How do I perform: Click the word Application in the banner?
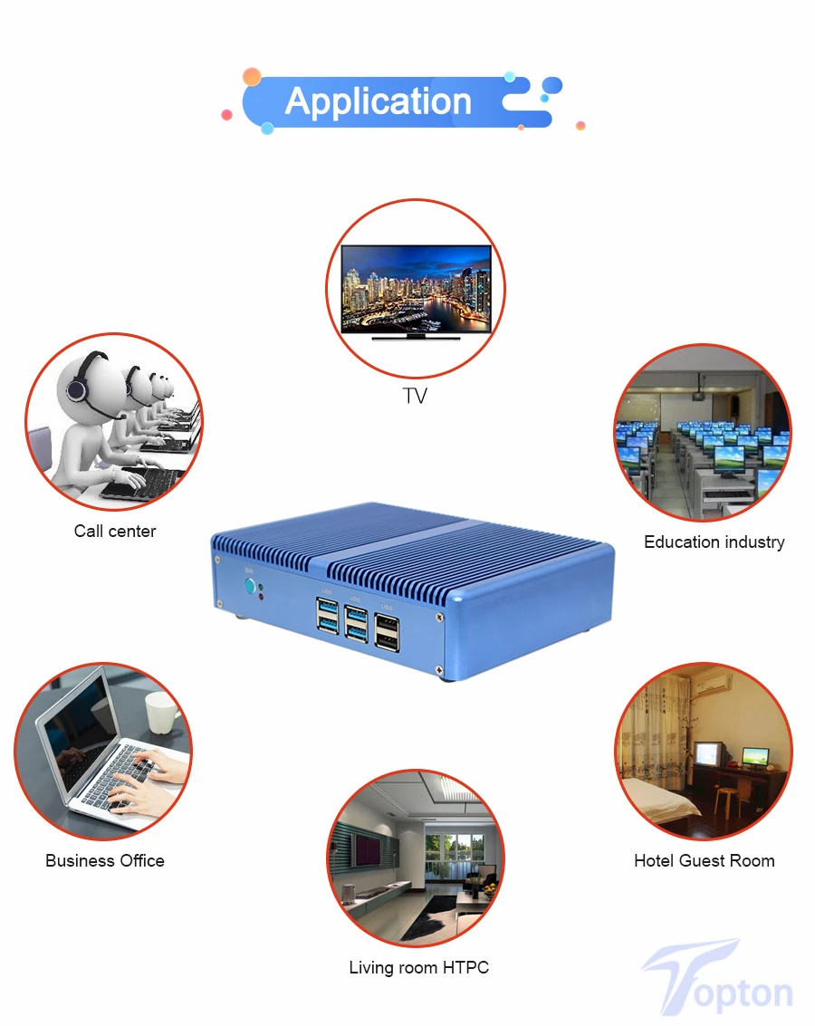(379, 101)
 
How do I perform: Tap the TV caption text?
(415, 396)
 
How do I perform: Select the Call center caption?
(115, 532)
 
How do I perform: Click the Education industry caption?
(714, 542)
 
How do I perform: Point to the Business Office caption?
(105, 861)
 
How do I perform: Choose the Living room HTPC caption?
(418, 968)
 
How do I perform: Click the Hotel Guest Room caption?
(704, 861)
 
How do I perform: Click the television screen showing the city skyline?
(416, 289)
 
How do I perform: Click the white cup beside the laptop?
(162, 713)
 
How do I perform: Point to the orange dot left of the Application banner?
(252, 77)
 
